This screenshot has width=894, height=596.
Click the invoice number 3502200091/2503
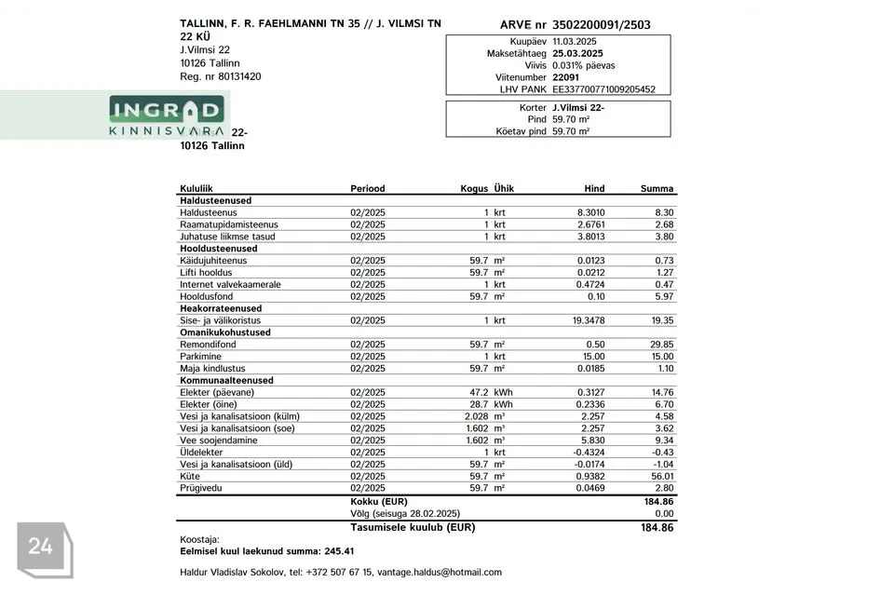point(602,25)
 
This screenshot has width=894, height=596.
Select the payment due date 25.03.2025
point(577,54)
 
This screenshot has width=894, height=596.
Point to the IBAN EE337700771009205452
point(603,89)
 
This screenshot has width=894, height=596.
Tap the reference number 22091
point(565,77)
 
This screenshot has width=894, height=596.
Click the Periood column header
point(367,188)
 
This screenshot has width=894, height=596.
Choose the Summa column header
point(657,188)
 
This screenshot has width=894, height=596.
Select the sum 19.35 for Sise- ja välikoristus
point(662,320)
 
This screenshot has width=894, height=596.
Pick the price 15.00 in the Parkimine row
point(592,357)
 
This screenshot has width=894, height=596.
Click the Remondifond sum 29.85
point(662,345)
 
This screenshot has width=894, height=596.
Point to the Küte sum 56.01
point(662,476)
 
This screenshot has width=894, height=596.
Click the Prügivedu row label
point(200,488)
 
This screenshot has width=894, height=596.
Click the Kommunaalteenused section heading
point(226,380)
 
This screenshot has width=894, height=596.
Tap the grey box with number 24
point(41,548)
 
